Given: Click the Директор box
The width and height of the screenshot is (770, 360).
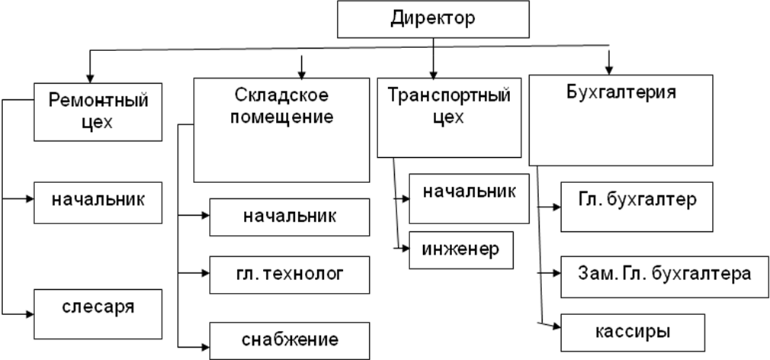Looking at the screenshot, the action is (433, 19).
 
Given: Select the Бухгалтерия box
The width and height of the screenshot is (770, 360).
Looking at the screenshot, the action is (621, 120).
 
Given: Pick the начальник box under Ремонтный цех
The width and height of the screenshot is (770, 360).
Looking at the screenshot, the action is (98, 201).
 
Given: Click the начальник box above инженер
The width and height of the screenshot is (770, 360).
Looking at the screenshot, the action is (468, 199).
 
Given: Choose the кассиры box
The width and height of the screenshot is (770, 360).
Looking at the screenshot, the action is (632, 333).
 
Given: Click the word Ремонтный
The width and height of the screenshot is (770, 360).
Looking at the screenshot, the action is (98, 100).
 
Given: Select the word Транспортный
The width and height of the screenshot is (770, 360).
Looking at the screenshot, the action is (448, 98).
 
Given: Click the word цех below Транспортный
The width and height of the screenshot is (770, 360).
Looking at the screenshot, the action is (448, 119).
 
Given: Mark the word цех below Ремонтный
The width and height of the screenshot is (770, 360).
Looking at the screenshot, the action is (98, 122).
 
